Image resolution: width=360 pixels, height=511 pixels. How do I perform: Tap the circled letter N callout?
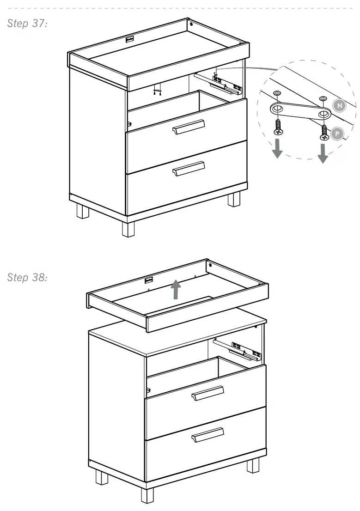(340, 106)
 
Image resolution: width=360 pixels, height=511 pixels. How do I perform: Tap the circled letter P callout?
(338, 134)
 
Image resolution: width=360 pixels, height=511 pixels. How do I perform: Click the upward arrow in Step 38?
(176, 291)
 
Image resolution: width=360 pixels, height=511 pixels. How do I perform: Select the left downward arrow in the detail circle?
(277, 149)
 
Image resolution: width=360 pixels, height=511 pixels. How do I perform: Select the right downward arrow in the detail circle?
(323, 154)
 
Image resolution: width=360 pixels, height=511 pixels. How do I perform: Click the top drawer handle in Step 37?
(188, 127)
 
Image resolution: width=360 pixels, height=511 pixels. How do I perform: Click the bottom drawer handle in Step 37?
(188, 169)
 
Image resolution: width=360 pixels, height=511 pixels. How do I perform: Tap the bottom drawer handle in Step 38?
(208, 435)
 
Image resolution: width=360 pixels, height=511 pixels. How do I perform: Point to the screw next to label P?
(324, 133)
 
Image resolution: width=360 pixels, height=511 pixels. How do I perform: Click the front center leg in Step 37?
(128, 228)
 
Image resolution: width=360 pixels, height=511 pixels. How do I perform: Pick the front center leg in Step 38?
(147, 495)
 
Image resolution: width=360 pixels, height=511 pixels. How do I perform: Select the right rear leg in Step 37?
(234, 199)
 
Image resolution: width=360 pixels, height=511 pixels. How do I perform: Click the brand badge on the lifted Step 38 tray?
(149, 280)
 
